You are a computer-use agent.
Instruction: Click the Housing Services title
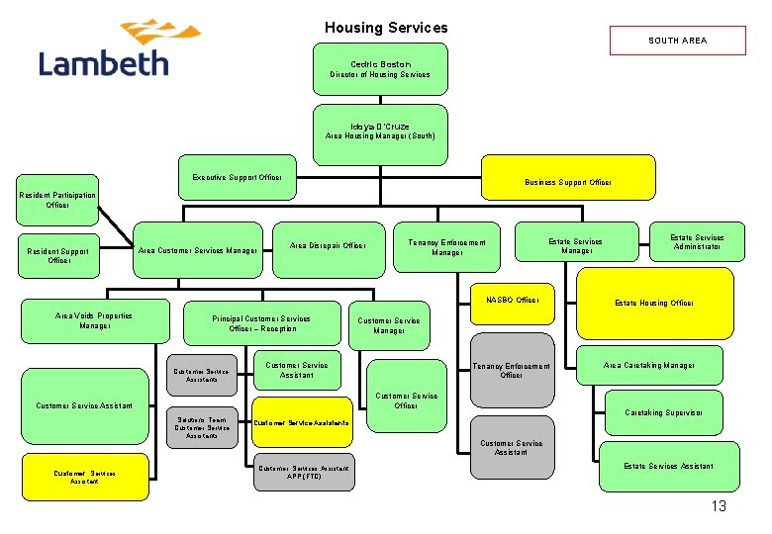pyautogui.click(x=386, y=28)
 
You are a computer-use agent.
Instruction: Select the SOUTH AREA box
pyautogui.click(x=677, y=41)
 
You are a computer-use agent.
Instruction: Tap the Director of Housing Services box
pyautogui.click(x=380, y=69)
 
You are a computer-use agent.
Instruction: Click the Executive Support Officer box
pyautogui.click(x=237, y=177)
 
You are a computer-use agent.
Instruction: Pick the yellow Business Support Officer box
pyautogui.click(x=567, y=182)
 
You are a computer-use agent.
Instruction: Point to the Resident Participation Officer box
pyautogui.click(x=57, y=200)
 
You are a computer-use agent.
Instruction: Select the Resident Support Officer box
pyautogui.click(x=59, y=256)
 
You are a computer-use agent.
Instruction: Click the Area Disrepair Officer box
pyautogui.click(x=328, y=245)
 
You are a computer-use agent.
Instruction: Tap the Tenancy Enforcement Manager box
pyautogui.click(x=447, y=247)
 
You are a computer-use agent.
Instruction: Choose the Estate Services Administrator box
pyautogui.click(x=697, y=242)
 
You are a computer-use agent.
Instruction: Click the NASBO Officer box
pyautogui.click(x=512, y=300)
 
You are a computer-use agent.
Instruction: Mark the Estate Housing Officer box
pyautogui.click(x=654, y=303)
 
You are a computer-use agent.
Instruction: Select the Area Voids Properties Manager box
pyautogui.click(x=94, y=320)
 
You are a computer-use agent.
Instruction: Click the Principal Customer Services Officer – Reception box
pyautogui.click(x=262, y=323)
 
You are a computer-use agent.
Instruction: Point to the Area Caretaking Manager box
pyautogui.click(x=648, y=366)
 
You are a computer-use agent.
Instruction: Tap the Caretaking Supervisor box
pyautogui.click(x=664, y=412)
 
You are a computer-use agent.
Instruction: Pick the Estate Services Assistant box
pyautogui.click(x=667, y=466)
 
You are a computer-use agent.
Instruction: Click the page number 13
pyautogui.click(x=718, y=506)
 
